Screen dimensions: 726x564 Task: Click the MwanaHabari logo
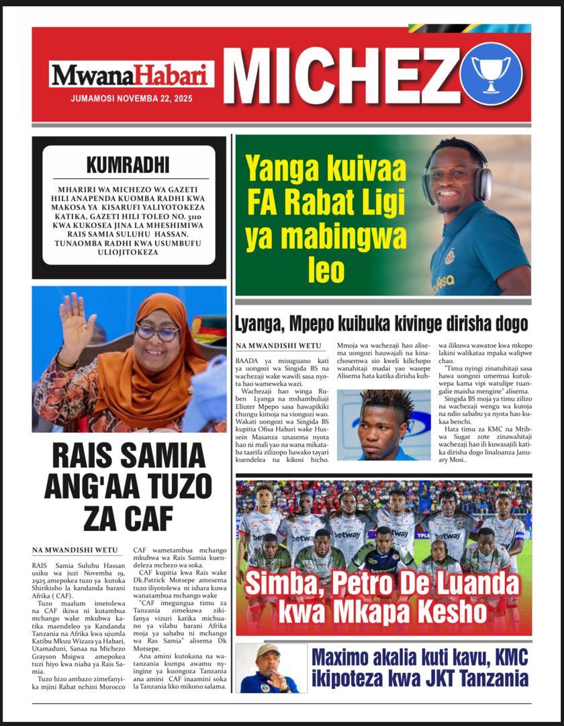132,75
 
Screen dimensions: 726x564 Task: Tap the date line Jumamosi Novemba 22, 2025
132,98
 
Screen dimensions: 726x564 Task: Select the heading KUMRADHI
128,165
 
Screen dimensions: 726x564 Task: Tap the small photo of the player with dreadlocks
383,425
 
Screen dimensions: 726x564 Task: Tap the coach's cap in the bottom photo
268,651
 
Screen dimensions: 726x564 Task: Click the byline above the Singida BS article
270,346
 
